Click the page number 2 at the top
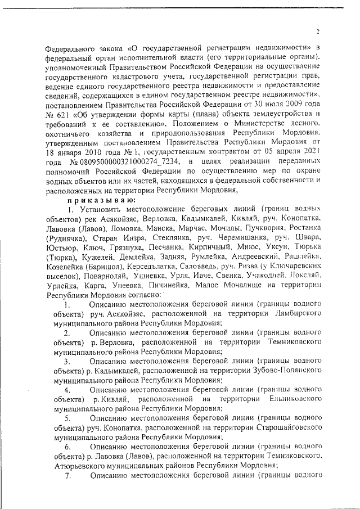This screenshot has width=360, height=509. (318, 31)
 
